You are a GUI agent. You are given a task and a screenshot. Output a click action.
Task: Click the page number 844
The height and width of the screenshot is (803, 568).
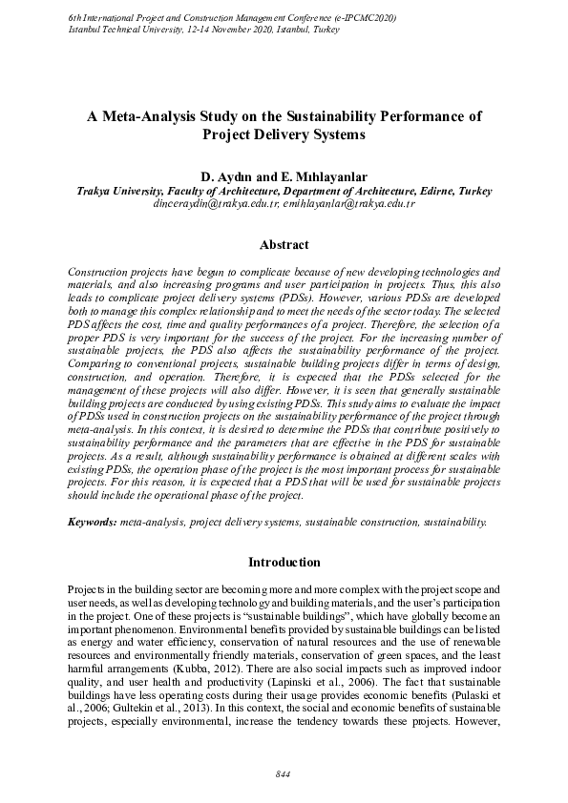pos(283,772)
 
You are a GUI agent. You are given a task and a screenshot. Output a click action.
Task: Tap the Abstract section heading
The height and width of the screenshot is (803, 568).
pos(284,245)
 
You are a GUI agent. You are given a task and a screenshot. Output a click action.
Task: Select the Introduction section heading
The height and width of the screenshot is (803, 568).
pos(284,562)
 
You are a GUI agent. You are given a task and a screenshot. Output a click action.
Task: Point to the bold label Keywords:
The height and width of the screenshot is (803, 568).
pos(94,523)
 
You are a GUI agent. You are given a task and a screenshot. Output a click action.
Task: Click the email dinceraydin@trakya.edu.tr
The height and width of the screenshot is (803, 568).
pos(216,204)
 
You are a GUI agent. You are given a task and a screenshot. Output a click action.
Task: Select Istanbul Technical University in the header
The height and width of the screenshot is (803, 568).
pos(119,30)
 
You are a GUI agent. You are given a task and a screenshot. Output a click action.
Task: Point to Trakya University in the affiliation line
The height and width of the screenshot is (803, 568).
pos(121,191)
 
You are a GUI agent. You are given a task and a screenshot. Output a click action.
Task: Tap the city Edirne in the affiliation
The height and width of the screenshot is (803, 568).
pos(434,191)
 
